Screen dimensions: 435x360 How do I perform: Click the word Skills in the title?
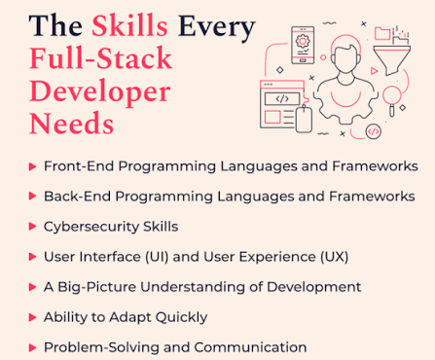129,25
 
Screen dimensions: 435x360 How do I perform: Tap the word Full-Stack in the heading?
100,58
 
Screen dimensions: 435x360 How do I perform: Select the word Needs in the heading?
71,124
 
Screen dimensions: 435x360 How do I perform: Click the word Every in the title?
217,28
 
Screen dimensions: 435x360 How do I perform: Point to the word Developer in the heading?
100,92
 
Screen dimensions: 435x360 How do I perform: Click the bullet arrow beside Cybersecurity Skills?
32,227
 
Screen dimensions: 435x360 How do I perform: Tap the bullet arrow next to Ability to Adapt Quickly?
32,317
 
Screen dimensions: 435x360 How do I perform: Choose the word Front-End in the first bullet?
79,166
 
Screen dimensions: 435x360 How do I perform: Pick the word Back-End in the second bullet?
77,197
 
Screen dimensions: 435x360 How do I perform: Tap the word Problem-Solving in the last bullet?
101,347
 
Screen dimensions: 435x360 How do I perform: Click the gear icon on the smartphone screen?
303,42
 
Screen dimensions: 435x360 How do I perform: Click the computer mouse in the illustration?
304,119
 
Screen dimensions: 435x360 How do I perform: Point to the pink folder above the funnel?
382,33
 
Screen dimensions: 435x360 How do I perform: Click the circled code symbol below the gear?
373,131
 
